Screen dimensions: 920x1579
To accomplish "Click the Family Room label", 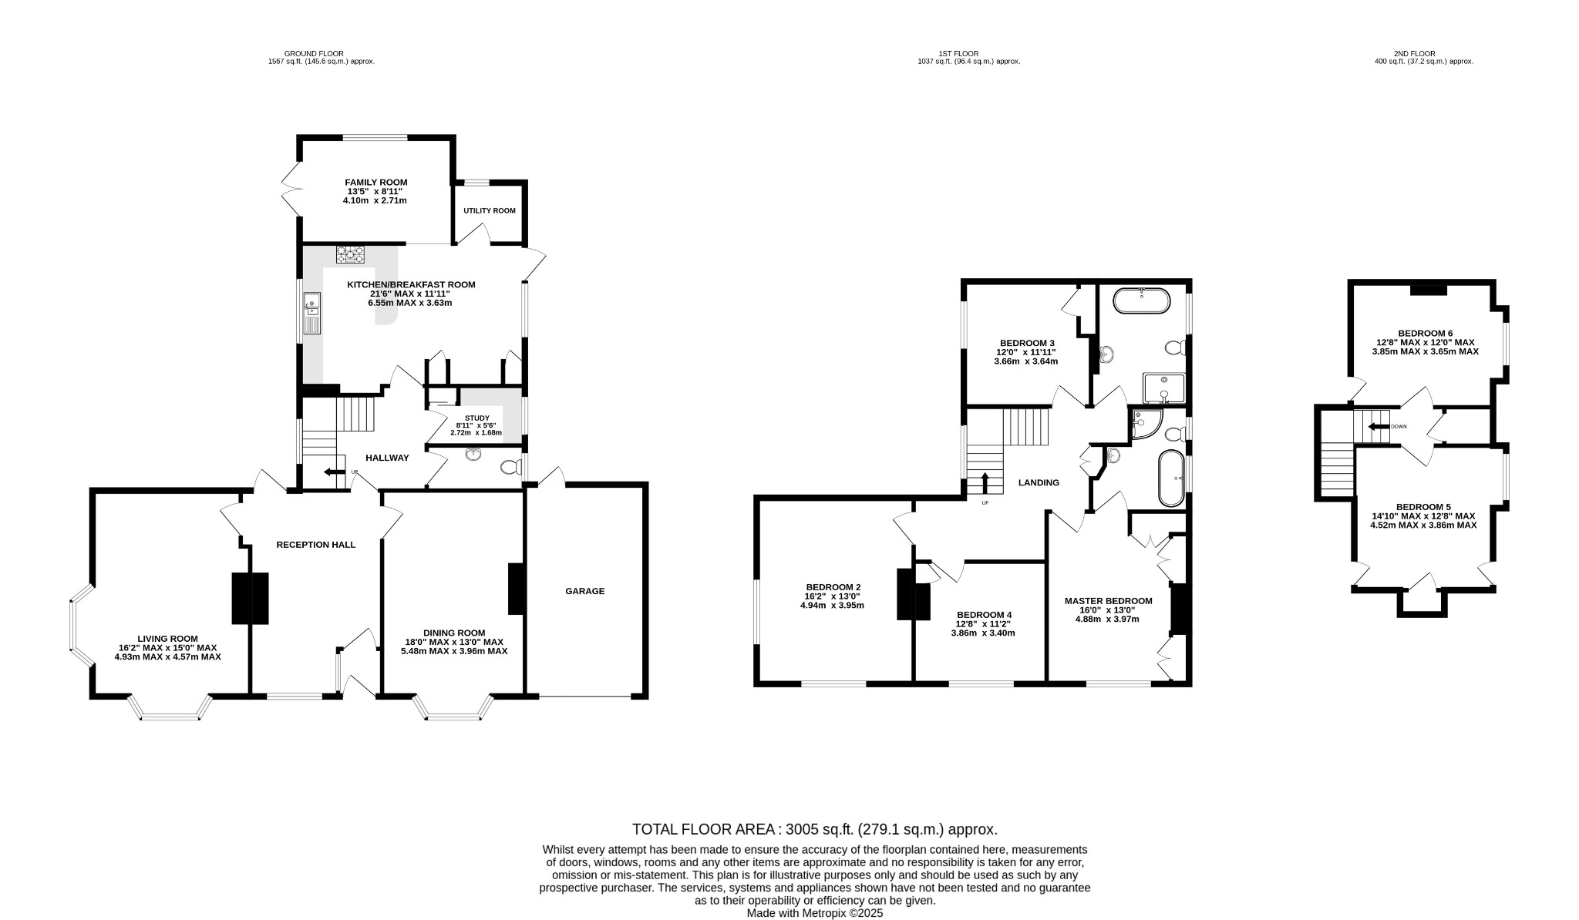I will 375,183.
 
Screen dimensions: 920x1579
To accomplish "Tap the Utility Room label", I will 489,210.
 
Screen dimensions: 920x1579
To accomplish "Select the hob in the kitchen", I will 350,254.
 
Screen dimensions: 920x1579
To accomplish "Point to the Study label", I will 477,418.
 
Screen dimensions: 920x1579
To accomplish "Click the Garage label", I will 584,591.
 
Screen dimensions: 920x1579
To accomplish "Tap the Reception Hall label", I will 316,545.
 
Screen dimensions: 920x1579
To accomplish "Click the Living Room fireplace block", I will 251,598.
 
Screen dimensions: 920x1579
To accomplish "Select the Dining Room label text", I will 454,633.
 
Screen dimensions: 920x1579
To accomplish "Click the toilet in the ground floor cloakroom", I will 510,467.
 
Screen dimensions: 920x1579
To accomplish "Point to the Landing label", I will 1039,482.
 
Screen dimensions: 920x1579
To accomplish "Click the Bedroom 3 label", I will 1026,343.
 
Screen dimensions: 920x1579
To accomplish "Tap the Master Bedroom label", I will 1108,601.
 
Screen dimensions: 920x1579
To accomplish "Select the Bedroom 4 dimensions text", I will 983,629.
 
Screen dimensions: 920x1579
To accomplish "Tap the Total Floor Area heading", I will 814,829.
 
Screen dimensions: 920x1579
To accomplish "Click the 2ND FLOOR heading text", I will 1414,54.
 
